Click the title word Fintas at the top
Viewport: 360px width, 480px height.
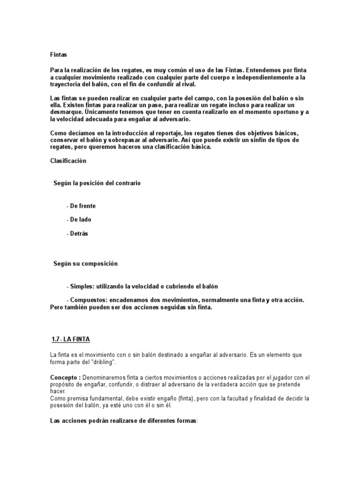tap(59, 54)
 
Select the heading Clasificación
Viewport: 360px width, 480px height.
tap(68, 161)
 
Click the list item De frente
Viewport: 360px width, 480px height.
tap(82, 206)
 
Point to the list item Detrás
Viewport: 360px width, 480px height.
tap(79, 233)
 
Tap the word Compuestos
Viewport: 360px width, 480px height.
tap(87, 300)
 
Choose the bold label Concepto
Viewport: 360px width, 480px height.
tap(65, 377)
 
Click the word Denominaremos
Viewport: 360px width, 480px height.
tap(105, 377)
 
